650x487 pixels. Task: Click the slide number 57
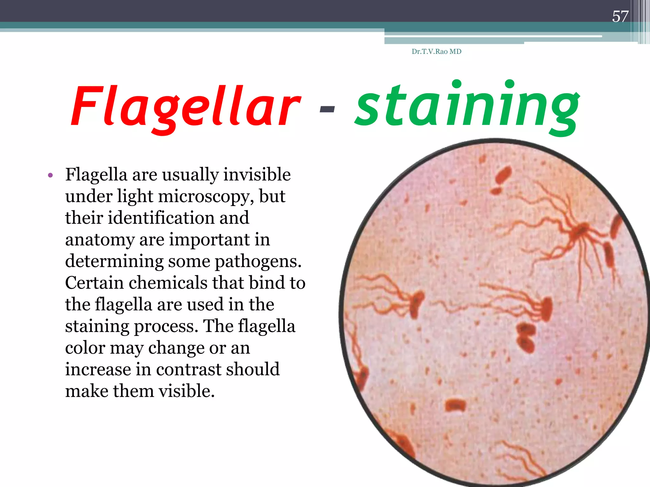[620, 16]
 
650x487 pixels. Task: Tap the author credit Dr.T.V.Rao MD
[436, 52]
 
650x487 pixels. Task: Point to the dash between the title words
[327, 109]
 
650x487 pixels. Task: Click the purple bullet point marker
[50, 175]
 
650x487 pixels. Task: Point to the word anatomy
[100, 240]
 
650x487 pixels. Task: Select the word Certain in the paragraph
[94, 283]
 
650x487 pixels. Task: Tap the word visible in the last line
[187, 391]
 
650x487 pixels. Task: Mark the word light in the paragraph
[135, 196]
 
